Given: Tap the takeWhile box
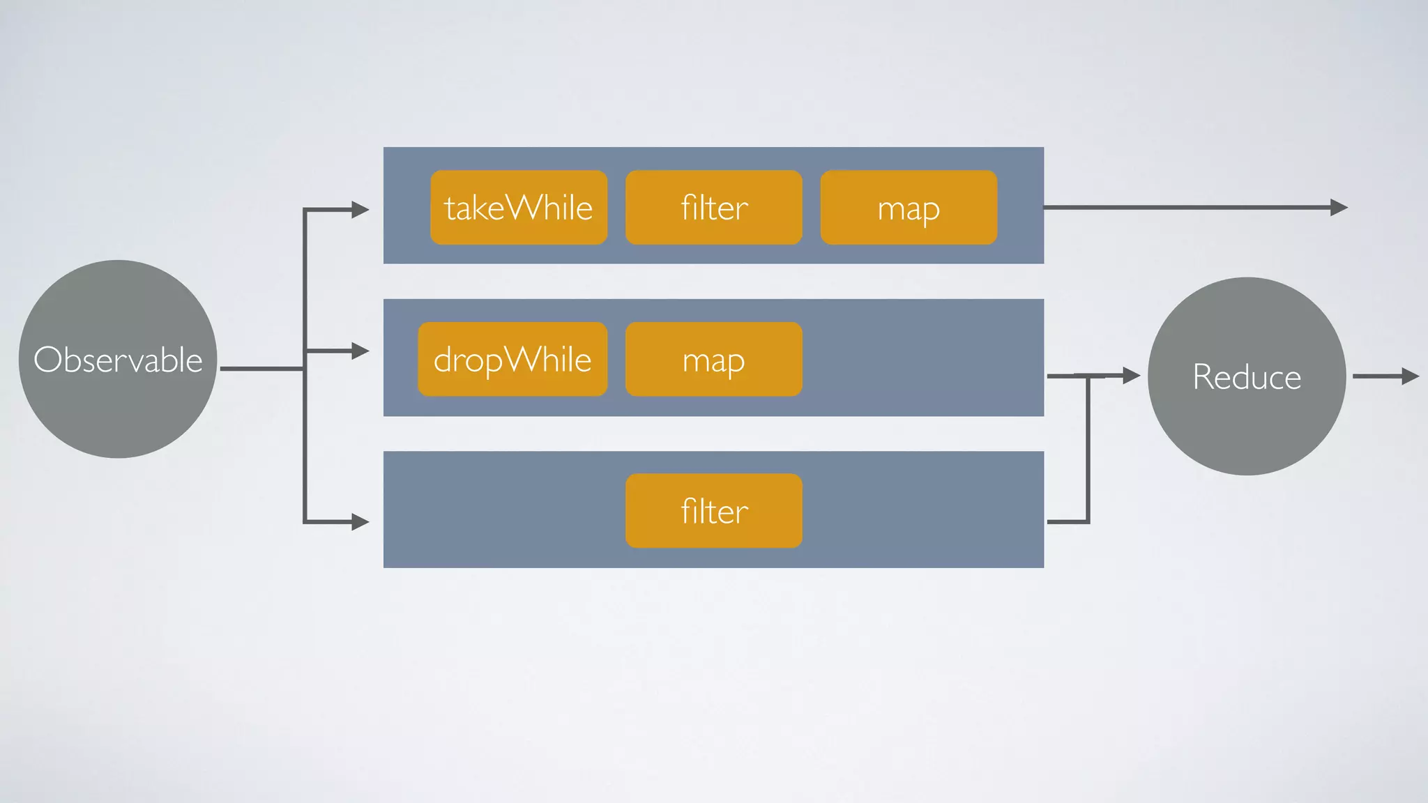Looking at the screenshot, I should (x=519, y=230).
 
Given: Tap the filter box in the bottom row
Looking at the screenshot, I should (x=714, y=534).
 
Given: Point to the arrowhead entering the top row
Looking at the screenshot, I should (x=360, y=209).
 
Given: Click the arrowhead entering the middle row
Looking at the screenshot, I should (x=360, y=351).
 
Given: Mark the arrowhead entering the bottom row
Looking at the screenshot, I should (x=360, y=521).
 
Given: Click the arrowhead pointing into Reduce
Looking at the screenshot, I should (x=1131, y=376).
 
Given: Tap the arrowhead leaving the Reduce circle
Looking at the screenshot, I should (x=1411, y=376).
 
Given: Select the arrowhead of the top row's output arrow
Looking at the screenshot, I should (x=1339, y=207).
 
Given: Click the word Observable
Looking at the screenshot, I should (x=118, y=360).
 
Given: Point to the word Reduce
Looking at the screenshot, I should (x=1247, y=377).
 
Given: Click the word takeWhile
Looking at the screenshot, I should (x=519, y=208).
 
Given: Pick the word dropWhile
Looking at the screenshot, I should (x=512, y=360).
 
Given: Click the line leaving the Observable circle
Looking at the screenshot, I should (x=261, y=368).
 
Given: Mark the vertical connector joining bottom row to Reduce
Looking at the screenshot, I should (x=1088, y=450).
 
